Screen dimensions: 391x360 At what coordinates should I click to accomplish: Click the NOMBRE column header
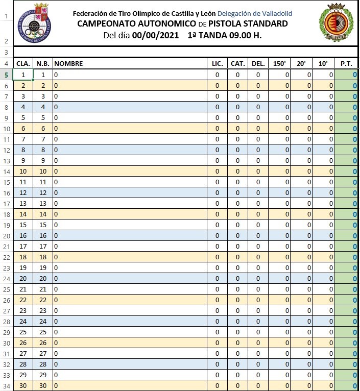pos(68,64)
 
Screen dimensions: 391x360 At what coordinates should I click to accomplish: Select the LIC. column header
pos(218,64)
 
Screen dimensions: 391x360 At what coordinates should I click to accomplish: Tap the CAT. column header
pos(237,64)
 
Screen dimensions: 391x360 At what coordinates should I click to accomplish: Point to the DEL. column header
pos(258,64)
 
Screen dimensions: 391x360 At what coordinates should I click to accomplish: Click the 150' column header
pos(279,64)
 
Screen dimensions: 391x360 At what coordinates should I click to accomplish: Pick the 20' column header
pos(301,64)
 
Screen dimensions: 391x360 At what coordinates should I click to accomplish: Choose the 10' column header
pos(323,64)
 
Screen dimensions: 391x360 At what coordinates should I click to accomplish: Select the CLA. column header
pos(23,64)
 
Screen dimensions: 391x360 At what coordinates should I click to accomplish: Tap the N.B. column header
pos(43,64)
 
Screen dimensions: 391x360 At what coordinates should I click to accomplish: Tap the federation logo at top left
pos(34,23)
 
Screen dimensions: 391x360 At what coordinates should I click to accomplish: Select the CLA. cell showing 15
pos(23,225)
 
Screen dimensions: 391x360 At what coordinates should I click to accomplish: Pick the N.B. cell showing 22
pos(43,300)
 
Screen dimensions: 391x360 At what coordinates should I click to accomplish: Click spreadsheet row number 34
pos(6,386)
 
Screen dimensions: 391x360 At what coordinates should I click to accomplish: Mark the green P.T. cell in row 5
pos(347,75)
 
